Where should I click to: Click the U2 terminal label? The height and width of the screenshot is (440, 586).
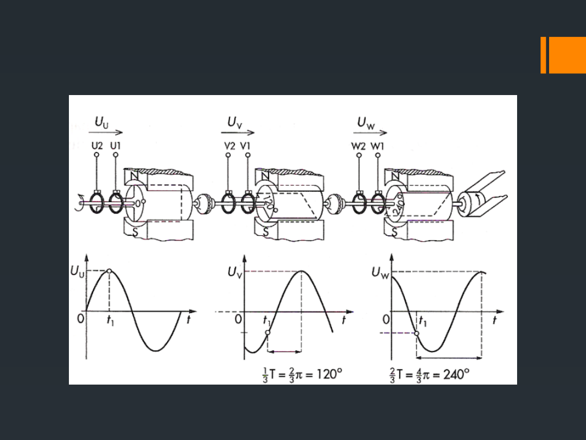click(x=97, y=146)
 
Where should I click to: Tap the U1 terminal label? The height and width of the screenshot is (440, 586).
click(x=116, y=146)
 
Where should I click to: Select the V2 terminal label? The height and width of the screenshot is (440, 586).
click(x=230, y=146)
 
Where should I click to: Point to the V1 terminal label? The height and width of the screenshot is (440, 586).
click(x=245, y=146)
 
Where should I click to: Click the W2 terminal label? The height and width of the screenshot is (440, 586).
click(x=359, y=146)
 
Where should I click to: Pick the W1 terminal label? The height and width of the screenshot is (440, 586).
click(x=377, y=146)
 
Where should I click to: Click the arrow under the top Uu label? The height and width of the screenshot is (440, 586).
click(x=106, y=132)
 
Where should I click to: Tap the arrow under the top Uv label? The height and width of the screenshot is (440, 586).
click(x=238, y=132)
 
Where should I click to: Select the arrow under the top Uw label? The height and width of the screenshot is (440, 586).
click(x=371, y=132)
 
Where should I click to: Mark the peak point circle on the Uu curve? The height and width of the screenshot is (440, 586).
click(x=109, y=271)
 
